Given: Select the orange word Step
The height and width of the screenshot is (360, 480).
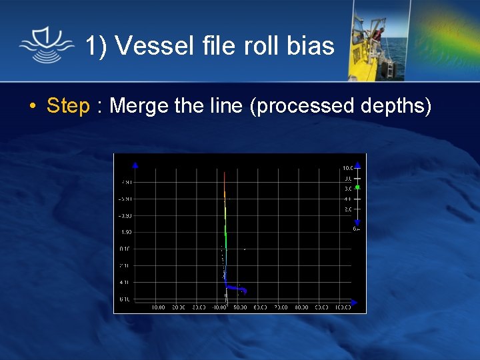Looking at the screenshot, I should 68,105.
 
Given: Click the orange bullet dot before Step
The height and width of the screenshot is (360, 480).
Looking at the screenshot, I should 32,107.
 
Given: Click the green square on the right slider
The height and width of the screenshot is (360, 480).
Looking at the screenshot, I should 357,187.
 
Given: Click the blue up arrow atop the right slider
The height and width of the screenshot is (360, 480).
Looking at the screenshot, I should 357,165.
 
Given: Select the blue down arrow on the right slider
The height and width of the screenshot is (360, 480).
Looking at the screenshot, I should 357,222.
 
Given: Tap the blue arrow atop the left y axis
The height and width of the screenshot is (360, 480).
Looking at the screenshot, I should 135,165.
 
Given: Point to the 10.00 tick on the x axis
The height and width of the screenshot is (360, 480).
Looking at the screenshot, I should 158,307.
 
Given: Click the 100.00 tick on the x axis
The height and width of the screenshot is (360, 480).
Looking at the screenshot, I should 342,307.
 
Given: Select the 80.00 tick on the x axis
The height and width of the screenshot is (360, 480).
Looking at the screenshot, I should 301,307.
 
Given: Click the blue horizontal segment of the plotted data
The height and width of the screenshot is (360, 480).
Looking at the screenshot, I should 236,288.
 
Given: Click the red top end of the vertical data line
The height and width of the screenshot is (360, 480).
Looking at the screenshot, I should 225,175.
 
